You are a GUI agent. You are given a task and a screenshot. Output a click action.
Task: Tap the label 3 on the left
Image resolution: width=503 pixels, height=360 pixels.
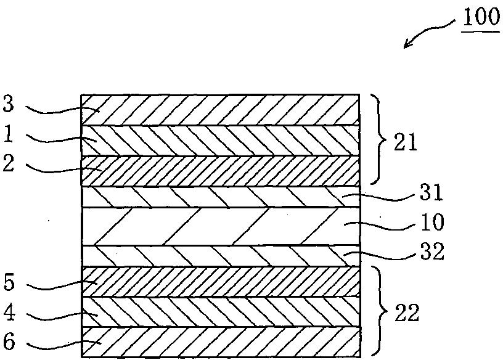coord(8,104)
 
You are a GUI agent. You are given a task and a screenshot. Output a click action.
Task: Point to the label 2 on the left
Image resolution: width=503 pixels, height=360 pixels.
coord(8,163)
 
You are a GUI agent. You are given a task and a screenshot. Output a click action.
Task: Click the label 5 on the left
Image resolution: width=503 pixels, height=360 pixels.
coord(8,285)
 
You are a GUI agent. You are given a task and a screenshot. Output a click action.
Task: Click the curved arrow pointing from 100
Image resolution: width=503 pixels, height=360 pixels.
coord(428,32)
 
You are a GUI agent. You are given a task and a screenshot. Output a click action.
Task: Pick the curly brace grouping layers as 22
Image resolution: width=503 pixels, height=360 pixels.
coord(375,313)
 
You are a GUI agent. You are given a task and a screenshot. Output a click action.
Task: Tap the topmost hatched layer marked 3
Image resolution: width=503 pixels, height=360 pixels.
coord(220,110)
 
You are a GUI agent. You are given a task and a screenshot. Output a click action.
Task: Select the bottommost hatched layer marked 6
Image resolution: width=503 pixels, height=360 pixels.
coord(220,342)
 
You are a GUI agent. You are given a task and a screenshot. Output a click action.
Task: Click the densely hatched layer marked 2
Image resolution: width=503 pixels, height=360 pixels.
coord(220,170)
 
